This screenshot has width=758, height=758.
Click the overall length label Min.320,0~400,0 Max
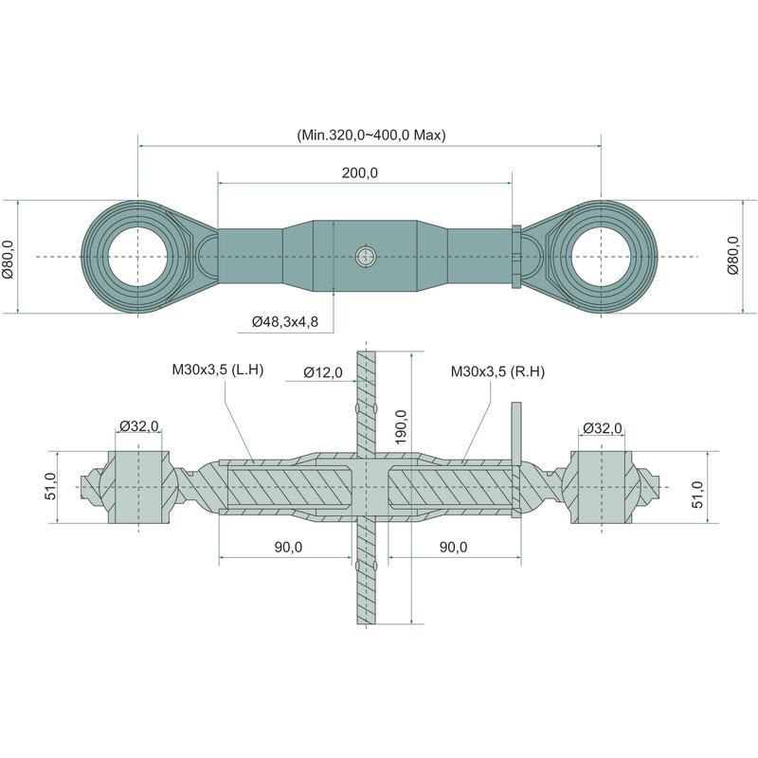[371, 135]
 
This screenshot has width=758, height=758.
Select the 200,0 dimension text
[360, 173]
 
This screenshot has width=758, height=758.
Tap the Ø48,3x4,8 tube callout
[285, 321]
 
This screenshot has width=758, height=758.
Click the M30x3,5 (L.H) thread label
[218, 370]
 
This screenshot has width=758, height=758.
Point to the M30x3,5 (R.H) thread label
[498, 371]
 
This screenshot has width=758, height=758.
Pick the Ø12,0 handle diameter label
[323, 372]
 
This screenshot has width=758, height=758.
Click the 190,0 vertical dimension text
[401, 427]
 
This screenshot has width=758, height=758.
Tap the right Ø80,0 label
[732, 255]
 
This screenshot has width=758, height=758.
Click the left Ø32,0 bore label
[139, 425]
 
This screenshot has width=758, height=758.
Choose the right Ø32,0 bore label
[603, 428]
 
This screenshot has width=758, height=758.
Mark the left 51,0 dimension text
[51, 486]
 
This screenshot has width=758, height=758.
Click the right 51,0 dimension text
[697, 495]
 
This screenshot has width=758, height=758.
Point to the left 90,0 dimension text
[289, 547]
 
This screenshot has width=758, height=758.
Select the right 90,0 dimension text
[454, 547]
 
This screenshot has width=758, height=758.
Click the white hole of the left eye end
[137, 257]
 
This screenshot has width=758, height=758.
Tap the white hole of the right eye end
[602, 257]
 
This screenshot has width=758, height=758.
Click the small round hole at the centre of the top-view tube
[366, 257]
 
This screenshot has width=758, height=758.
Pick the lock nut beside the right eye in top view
[516, 257]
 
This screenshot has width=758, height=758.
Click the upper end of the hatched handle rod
[366, 352]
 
